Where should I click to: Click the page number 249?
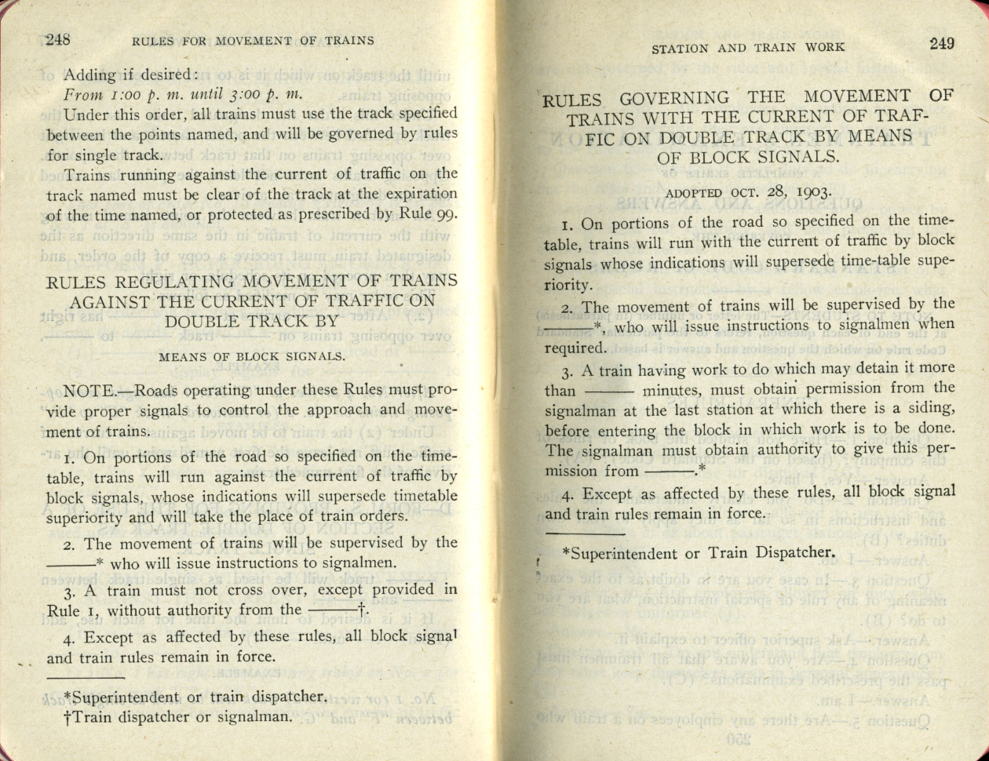[942, 44]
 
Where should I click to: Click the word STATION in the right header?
[680, 48]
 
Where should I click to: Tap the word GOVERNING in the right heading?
[674, 100]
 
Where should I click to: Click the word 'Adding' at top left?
[88, 75]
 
